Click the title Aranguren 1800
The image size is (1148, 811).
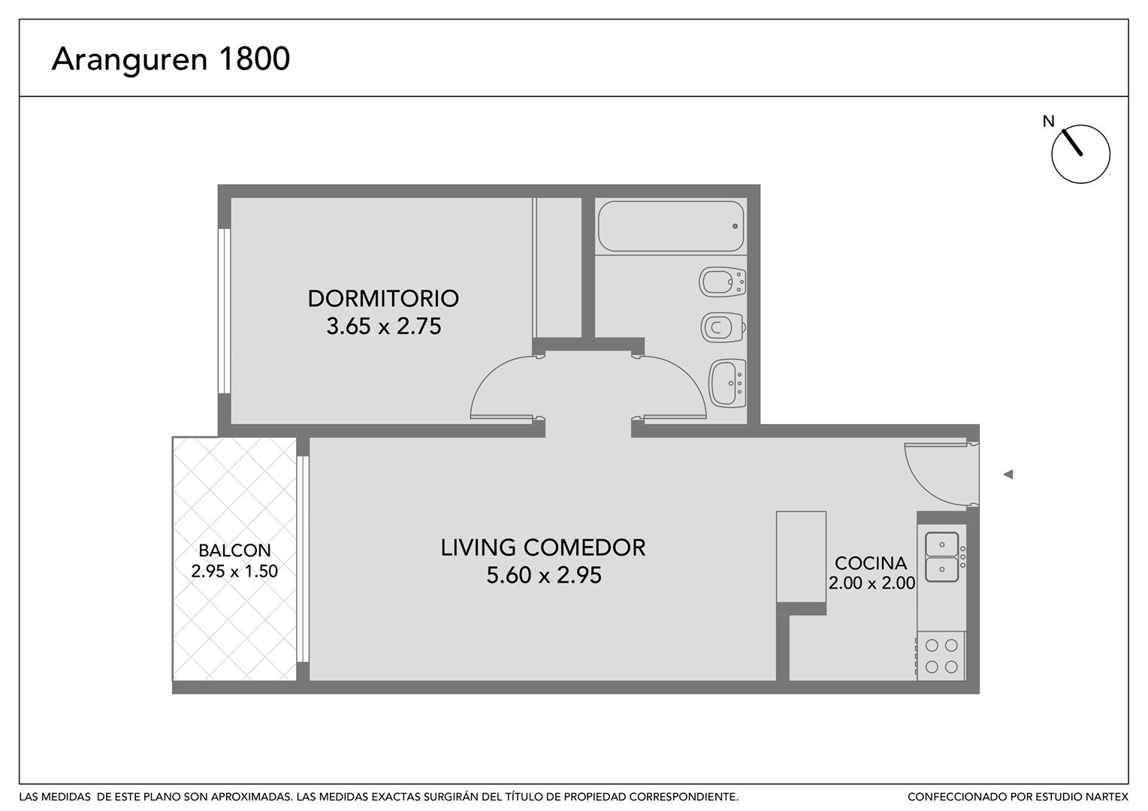[x=171, y=59]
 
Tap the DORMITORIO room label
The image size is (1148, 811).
[x=383, y=299]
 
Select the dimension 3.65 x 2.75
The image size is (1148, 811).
[x=384, y=327]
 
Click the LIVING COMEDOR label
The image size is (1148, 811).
[x=543, y=547]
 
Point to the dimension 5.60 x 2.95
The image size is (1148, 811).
[x=544, y=574]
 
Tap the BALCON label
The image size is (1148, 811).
[x=234, y=550]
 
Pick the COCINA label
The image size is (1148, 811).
[x=871, y=563]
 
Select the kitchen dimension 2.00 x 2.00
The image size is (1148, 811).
[x=872, y=583]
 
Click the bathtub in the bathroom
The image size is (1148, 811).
[x=671, y=226]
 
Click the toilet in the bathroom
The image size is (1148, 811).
[x=724, y=327]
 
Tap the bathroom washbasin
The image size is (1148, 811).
[x=727, y=383]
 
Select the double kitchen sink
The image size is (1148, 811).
[x=942, y=557]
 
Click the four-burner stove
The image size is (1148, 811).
[x=941, y=656]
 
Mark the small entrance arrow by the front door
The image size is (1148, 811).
[x=1008, y=475]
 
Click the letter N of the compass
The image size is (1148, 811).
[x=1049, y=122]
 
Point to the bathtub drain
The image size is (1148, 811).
[x=735, y=226]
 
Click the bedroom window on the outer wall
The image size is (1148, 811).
[x=225, y=311]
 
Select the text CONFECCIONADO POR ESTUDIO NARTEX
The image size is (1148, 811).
[x=1018, y=797]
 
